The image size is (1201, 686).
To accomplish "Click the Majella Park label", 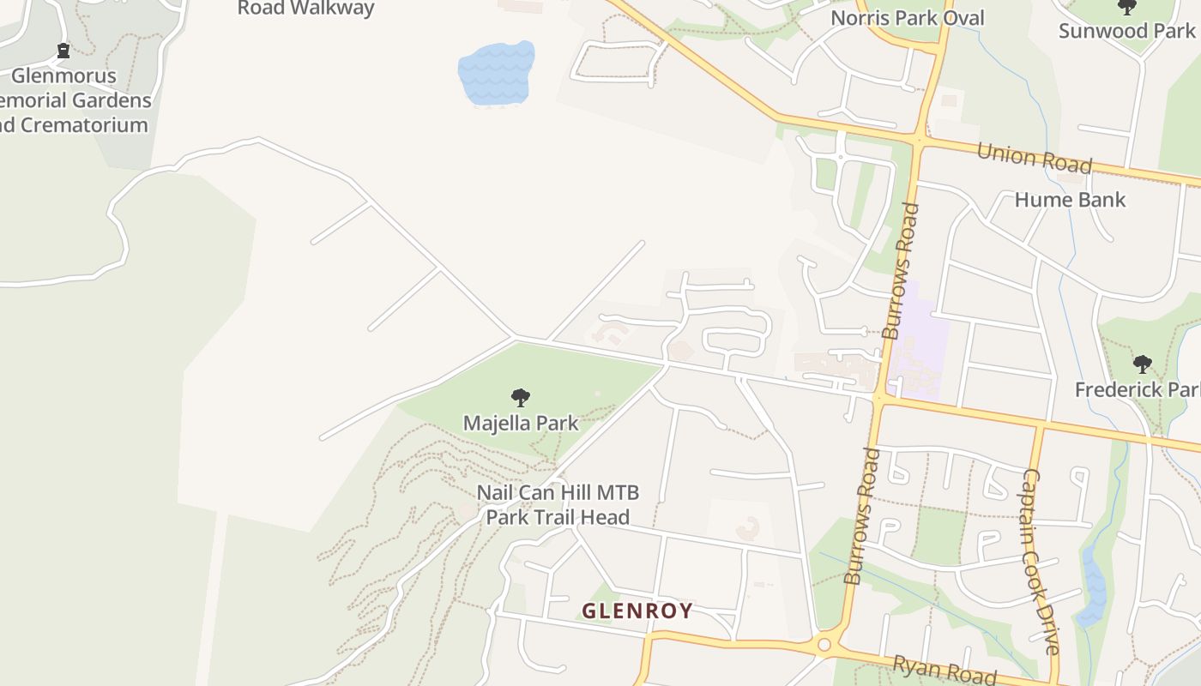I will click(521, 423).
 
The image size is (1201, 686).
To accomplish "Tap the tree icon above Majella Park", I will click(520, 397).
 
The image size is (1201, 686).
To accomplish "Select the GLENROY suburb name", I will click(637, 611).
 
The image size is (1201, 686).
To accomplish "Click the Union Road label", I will click(1034, 158).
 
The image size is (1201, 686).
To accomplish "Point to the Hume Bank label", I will click(1070, 200).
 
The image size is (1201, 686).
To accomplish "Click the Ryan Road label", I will click(944, 670).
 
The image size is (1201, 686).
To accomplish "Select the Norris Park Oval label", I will click(908, 18).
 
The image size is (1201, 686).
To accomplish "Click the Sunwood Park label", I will click(1126, 32).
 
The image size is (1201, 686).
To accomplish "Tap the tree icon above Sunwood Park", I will click(1126, 8).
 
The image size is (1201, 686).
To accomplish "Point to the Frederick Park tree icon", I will click(1142, 364).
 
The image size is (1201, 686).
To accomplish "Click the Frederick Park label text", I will click(1137, 389).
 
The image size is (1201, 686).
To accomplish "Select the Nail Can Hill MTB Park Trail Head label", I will click(558, 505).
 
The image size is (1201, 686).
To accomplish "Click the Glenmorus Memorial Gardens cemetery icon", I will click(63, 51).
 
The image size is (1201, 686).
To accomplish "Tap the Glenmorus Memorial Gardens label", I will click(75, 100).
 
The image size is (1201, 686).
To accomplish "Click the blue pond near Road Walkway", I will click(495, 74).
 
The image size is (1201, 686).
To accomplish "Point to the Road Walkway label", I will click(305, 9).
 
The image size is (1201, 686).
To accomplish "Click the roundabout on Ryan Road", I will click(824, 644).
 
